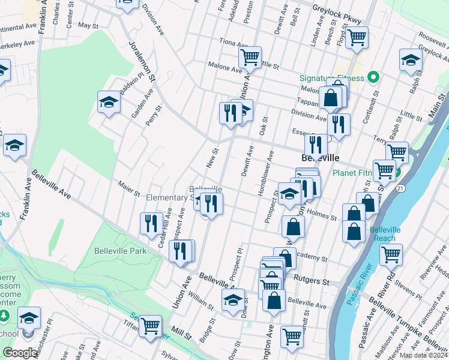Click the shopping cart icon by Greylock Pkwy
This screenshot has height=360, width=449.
point(357,37)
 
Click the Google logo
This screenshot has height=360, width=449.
point(20,353)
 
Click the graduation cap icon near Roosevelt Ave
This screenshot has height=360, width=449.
point(411,60)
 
